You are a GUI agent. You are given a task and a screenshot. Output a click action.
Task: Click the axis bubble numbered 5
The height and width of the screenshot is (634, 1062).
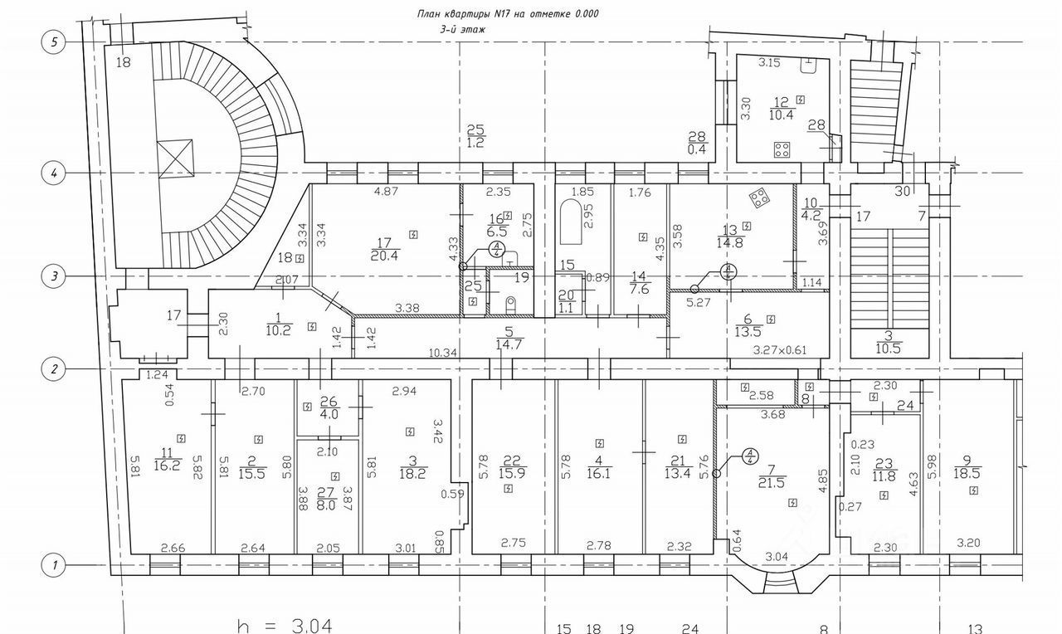point(54,42)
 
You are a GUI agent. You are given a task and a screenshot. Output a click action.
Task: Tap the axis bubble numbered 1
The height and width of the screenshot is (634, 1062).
point(54,565)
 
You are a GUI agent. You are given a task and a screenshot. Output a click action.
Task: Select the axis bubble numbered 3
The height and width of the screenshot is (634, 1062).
point(54,277)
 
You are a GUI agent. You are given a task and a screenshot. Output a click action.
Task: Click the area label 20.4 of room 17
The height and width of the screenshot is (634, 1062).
point(383,256)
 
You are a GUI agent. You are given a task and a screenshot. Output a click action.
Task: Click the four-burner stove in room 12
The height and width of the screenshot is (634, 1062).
point(782,150)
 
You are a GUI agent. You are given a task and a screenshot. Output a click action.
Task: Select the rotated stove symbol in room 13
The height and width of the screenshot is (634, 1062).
point(758,198)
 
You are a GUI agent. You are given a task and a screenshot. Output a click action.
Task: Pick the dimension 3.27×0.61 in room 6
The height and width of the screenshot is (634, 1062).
point(779,350)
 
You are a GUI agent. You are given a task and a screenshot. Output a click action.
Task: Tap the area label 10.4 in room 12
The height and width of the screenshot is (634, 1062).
point(781,115)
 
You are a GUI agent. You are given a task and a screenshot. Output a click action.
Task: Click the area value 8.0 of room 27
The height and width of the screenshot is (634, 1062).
point(328,504)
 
